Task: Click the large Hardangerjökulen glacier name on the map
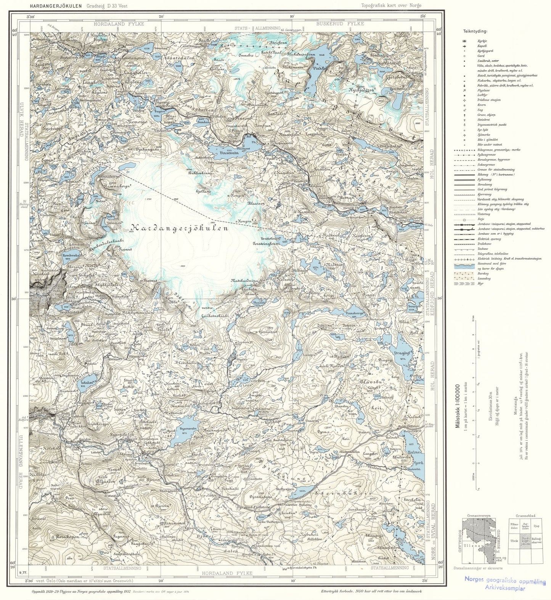coord(180,228)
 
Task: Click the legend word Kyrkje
coord(476,41)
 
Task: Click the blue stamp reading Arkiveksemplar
coord(505,588)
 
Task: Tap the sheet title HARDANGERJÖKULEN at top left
coord(51,5)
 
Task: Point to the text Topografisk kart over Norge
coord(392,5)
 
